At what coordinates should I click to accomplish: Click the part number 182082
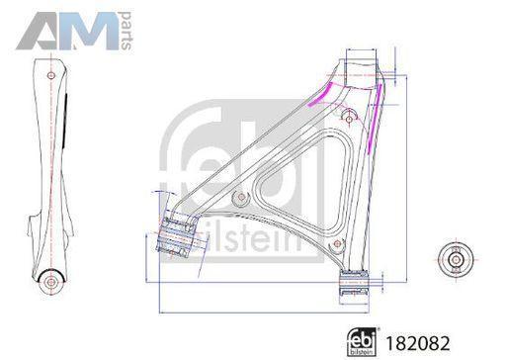[417, 343]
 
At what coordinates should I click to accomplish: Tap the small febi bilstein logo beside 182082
[363, 342]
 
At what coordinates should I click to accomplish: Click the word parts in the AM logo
[126, 31]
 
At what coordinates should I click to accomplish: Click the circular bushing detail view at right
[456, 259]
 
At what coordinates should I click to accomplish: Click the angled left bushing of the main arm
[176, 236]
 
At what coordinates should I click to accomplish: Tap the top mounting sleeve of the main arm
[362, 73]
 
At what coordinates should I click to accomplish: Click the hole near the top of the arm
[349, 118]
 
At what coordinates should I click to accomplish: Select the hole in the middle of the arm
[241, 197]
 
